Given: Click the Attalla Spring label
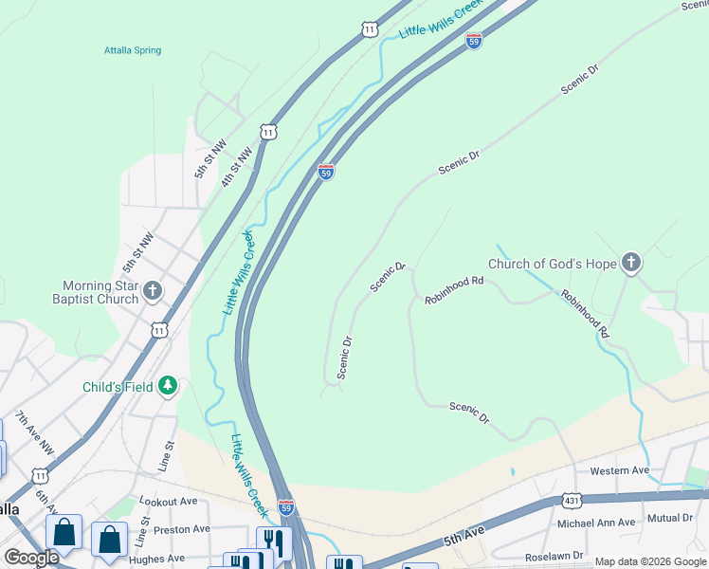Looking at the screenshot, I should (133, 50).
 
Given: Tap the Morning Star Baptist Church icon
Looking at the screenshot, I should (153, 291).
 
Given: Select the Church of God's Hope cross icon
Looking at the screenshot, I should (631, 264).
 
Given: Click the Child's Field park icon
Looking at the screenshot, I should (168, 385).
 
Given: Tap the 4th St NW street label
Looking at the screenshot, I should (237, 165).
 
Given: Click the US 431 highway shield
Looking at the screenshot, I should (572, 499).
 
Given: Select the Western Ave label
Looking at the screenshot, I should (619, 470).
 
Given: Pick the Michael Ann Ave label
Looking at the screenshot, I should (596, 523).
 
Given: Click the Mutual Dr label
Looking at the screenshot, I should (670, 518).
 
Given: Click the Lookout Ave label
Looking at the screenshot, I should (167, 500).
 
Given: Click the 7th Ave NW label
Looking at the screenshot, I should (28, 432).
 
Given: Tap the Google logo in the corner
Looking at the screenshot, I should (31, 557).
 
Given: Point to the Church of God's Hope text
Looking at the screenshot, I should (553, 264).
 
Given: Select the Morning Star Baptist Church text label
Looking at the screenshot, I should (100, 292).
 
